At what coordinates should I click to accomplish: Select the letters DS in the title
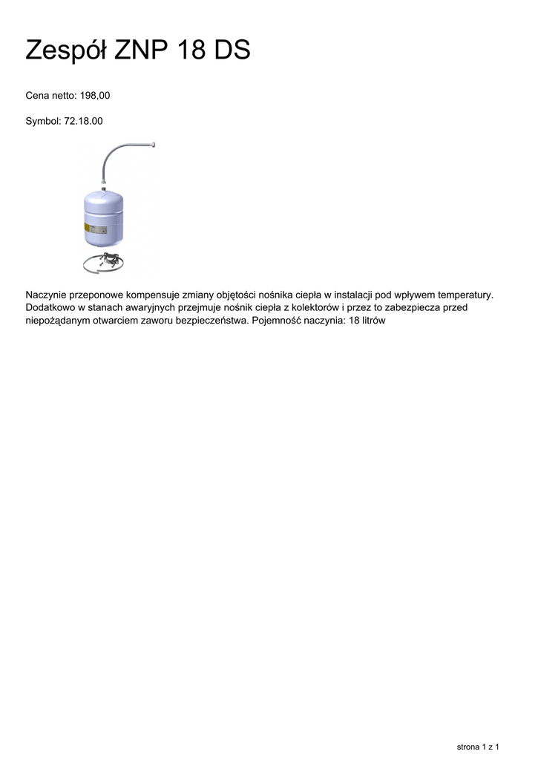[232, 50]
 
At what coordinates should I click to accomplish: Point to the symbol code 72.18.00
[84, 120]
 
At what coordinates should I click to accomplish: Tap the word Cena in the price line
[38, 96]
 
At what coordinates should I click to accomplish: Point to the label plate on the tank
[87, 227]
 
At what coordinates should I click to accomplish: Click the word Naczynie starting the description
[49, 295]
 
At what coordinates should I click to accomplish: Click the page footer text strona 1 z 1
[477, 746]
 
